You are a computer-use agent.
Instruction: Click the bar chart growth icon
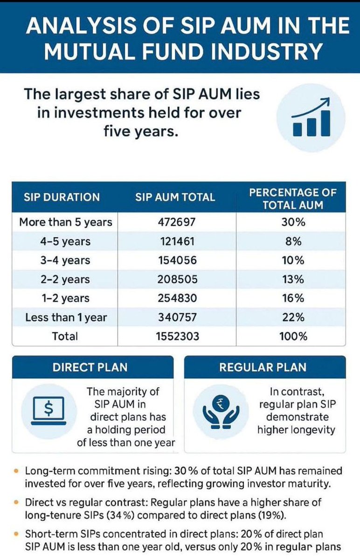311,117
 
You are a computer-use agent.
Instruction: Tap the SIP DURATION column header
62,197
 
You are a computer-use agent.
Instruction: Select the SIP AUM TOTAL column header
175,197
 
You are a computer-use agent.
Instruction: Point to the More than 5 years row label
65,222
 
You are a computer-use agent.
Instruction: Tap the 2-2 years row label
65,279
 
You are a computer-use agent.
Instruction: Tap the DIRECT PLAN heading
90,367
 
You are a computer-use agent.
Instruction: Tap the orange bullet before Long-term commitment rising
17,471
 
